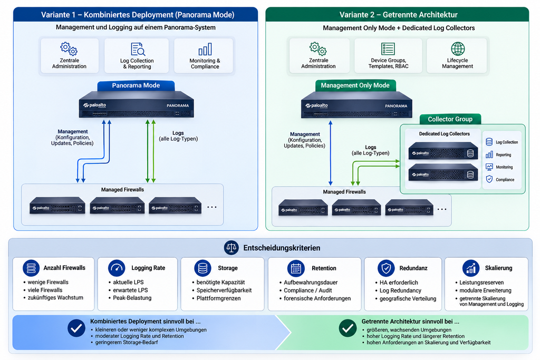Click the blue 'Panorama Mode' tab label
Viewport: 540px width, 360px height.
click(136, 85)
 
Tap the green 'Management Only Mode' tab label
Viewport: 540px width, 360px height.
click(355, 85)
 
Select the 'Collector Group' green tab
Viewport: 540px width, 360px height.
click(450, 119)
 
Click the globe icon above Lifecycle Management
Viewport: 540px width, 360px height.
click(458, 49)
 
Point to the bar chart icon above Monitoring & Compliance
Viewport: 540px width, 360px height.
click(205, 49)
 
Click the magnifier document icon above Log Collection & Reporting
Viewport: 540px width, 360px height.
click(138, 49)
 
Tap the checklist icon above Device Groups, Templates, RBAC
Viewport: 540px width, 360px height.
click(388, 49)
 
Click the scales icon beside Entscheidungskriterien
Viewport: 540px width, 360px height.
click(231, 248)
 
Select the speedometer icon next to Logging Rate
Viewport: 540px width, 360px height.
click(117, 268)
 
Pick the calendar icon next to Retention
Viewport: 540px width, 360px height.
click(296, 268)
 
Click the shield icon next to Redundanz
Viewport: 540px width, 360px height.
click(386, 268)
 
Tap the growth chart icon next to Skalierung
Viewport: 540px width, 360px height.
click(471, 268)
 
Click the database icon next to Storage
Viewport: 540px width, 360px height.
click(202, 268)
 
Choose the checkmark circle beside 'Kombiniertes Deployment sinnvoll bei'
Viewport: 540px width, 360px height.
click(76, 328)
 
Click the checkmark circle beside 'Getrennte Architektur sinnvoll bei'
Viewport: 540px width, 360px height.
click(348, 328)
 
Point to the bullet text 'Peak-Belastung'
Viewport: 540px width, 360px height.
click(132, 298)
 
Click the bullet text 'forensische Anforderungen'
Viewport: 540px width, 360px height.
click(317, 298)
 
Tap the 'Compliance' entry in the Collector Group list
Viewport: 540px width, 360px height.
click(505, 180)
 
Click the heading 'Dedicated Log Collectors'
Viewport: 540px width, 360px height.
click(444, 134)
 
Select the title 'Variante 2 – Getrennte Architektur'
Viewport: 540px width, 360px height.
click(399, 15)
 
